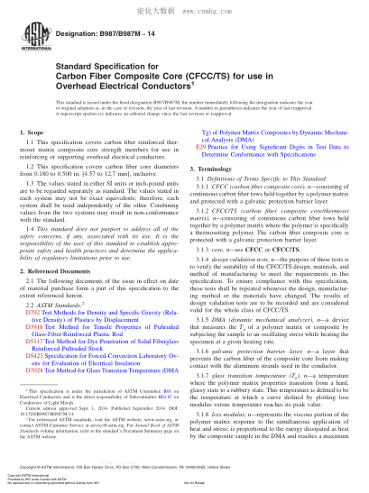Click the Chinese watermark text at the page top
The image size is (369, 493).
[184, 6]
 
